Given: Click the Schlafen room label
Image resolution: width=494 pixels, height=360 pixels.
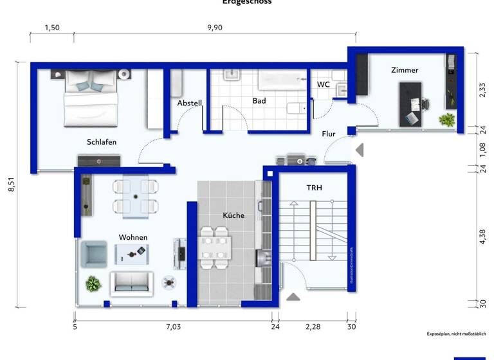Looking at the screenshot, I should (102, 142).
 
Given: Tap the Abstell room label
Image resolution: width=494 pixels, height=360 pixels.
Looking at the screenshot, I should (190, 103).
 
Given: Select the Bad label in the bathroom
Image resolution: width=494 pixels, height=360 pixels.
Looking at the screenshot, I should (259, 101).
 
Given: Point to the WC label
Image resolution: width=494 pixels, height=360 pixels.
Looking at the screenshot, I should (324, 84).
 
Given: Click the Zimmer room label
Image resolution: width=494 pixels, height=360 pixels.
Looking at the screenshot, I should (405, 70).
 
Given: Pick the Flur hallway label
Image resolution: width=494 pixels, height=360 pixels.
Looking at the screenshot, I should (329, 134).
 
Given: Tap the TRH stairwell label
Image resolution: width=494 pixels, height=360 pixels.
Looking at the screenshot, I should (314, 188).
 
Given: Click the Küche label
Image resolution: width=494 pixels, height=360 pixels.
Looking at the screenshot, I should (233, 215).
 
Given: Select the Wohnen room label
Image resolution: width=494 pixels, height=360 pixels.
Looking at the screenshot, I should (133, 237).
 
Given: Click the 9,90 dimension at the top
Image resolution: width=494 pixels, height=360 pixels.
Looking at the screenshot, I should (214, 28).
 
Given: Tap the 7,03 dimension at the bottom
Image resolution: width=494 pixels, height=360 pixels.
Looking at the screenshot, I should (173, 327).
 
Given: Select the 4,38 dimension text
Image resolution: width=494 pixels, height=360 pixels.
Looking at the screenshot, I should (482, 237).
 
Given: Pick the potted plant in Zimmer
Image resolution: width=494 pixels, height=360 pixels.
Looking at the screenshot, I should (446, 120).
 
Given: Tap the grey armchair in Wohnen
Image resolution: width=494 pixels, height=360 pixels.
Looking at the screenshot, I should (93, 253).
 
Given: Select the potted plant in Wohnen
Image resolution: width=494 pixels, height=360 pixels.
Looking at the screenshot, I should (93, 283).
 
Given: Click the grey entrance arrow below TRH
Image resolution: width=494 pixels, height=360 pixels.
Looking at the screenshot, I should (293, 297).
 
